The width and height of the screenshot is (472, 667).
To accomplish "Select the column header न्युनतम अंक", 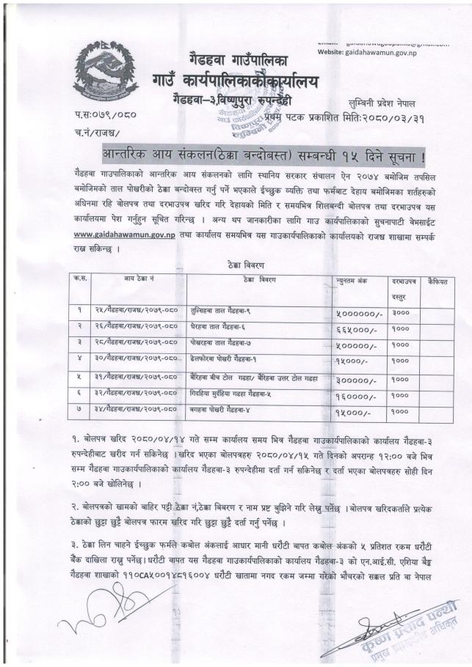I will [x=350, y=281].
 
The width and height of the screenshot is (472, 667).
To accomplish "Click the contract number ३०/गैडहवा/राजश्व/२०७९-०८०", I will [x=136, y=359].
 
